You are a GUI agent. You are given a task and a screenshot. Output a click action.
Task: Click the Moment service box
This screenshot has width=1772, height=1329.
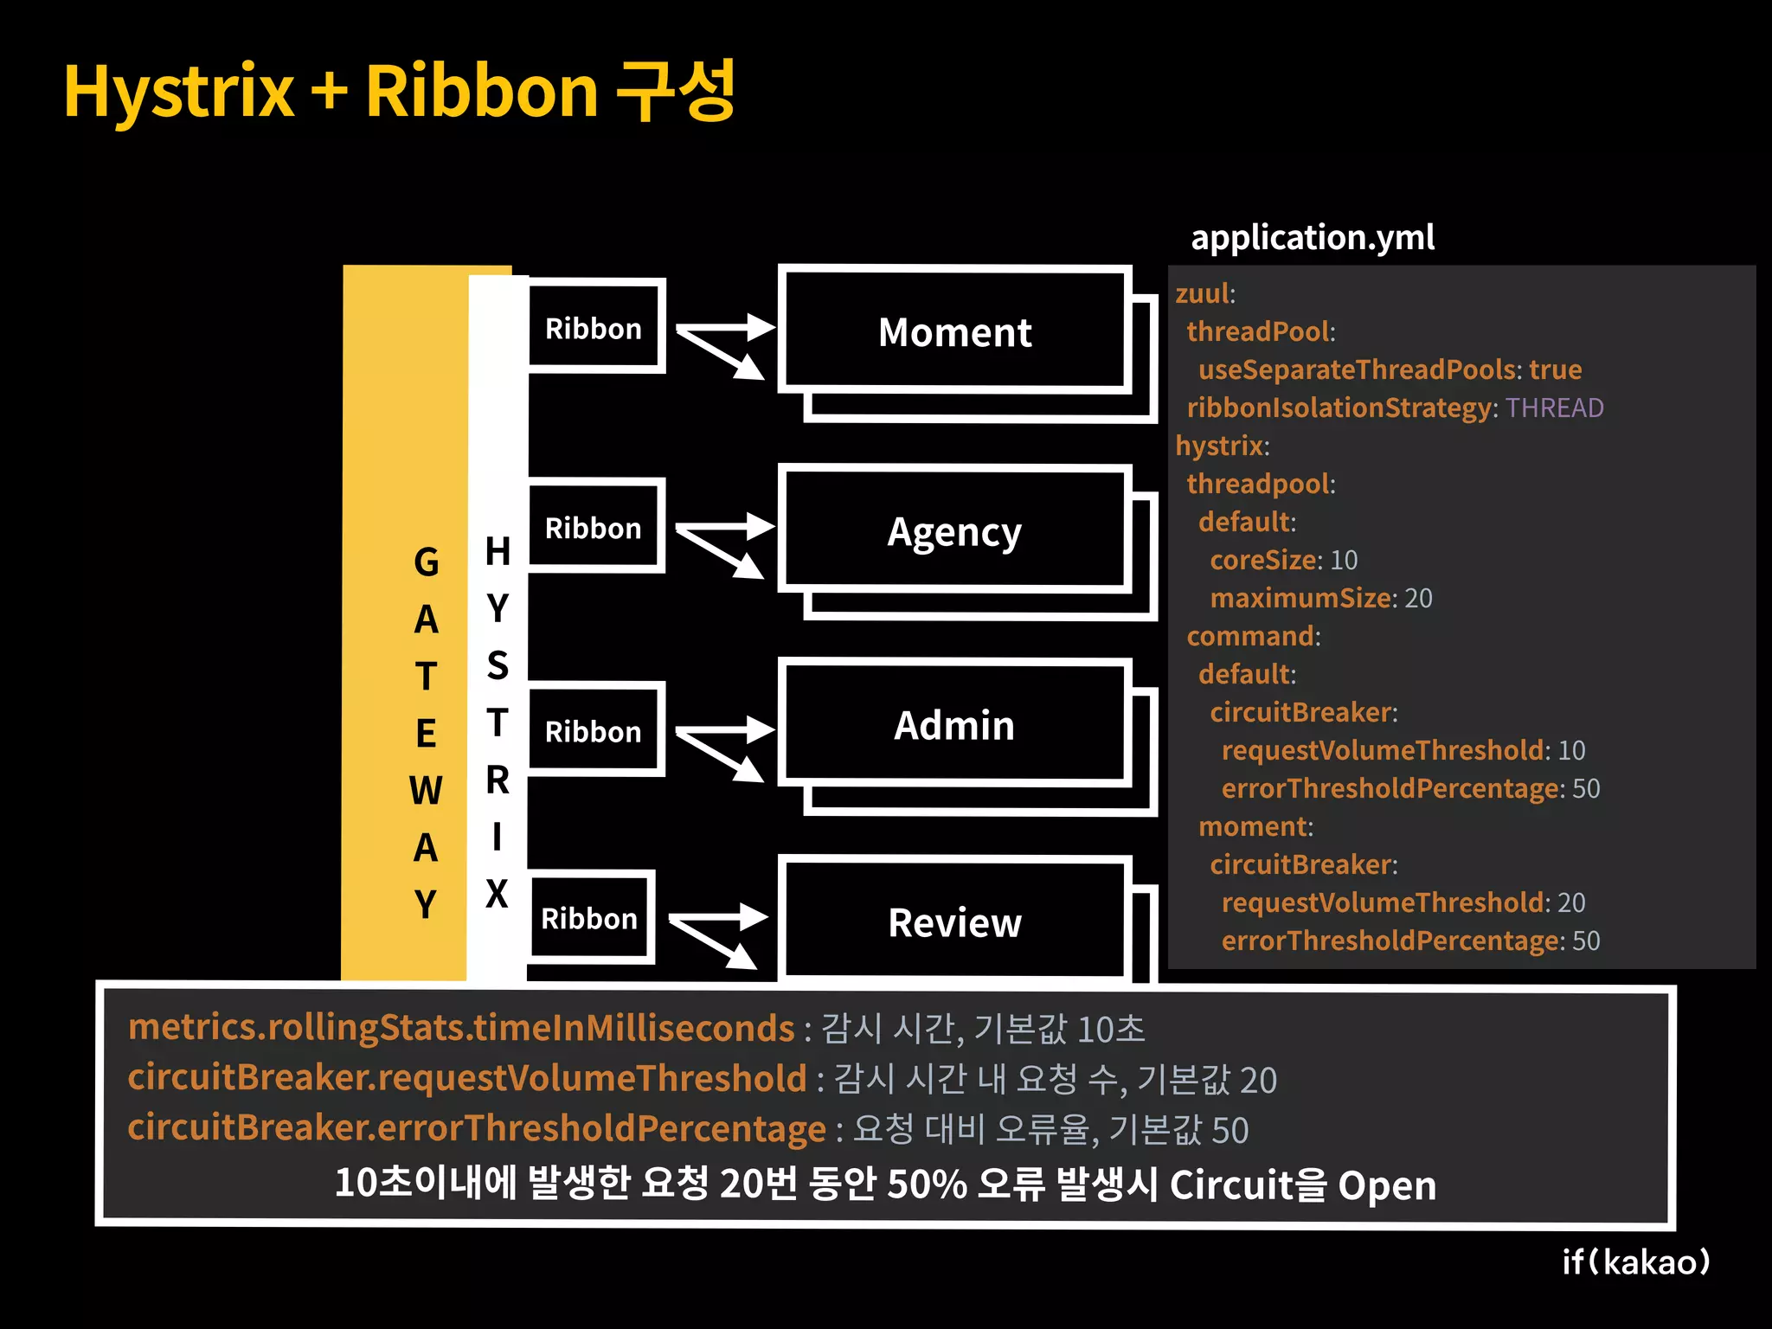[x=954, y=331]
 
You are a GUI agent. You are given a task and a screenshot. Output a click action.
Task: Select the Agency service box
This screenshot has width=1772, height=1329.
[x=954, y=530]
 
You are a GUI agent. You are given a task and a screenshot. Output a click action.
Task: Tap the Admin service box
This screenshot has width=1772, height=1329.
[x=954, y=725]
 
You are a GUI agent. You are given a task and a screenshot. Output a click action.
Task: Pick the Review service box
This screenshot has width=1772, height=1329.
[x=954, y=922]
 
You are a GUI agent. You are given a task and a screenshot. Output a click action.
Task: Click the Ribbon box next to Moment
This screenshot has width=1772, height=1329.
[x=594, y=328]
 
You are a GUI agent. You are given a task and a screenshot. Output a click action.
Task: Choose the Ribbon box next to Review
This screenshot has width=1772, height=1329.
[x=590, y=918]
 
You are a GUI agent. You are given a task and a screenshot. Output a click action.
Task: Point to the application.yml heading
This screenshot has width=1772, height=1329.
[x=1312, y=237]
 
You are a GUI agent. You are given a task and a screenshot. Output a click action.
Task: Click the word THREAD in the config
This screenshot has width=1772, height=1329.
[x=1554, y=408]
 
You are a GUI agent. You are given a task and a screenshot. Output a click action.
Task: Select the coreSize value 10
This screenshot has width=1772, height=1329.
[x=1344, y=560]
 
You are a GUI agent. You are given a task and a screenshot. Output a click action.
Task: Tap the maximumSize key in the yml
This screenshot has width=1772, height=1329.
[x=1300, y=598]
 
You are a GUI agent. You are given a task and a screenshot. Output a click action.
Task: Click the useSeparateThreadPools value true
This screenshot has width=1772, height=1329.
[x=1555, y=369]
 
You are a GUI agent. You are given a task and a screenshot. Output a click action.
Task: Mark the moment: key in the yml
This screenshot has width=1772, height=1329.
[x=1255, y=826]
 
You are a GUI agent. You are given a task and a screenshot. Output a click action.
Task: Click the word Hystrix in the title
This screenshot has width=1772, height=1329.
[x=179, y=93]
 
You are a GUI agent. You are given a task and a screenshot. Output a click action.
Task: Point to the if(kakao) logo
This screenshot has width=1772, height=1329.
[x=1635, y=1262]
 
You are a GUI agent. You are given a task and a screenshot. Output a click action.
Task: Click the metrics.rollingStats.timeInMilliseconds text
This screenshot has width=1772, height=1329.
[x=461, y=1028]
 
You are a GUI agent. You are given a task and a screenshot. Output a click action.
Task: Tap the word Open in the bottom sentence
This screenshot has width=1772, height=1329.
[x=1386, y=1185]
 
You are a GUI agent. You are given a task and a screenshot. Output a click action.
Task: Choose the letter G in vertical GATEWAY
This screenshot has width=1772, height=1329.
[x=426, y=562]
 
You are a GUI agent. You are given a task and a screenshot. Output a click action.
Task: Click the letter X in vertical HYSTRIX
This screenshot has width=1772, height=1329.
[x=497, y=893]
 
